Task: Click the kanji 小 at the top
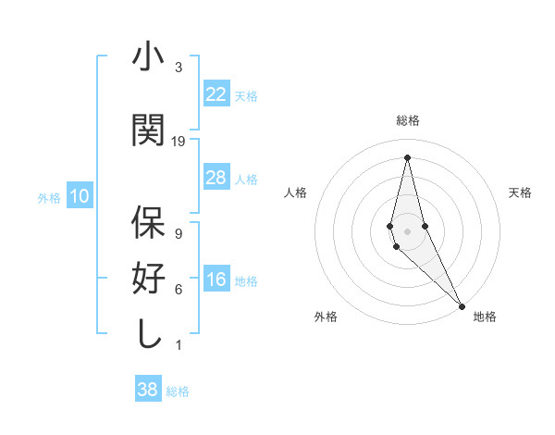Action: click(148, 57)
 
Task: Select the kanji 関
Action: click(148, 130)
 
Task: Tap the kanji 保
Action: click(148, 223)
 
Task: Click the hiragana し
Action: click(148, 334)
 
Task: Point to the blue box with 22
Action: click(216, 94)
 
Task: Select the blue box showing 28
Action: click(216, 178)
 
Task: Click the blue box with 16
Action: click(216, 280)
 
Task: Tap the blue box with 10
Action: click(80, 196)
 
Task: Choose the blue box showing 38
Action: click(148, 391)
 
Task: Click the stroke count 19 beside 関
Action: click(179, 141)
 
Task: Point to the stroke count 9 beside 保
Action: click(178, 233)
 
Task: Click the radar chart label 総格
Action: click(407, 120)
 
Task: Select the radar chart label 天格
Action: click(521, 193)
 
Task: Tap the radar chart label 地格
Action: click(485, 317)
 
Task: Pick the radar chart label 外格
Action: click(326, 317)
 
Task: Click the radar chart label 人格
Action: click(295, 193)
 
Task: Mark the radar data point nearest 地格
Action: click(462, 304)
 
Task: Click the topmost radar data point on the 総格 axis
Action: click(407, 156)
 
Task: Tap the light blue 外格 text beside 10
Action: click(48, 197)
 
